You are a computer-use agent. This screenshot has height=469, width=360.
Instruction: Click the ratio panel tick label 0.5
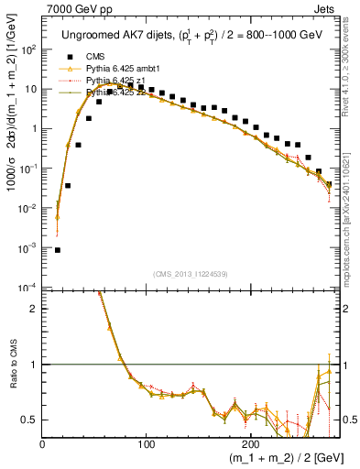(x=30, y=420)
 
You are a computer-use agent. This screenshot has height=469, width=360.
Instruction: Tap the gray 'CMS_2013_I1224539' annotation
(x=190, y=274)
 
